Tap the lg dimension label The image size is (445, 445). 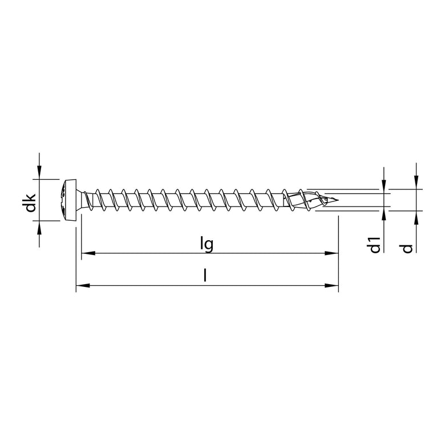point(207,244)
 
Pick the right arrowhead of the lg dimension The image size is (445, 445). point(331,253)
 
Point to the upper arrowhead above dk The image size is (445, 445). point(39,172)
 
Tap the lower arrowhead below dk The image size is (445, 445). point(39,228)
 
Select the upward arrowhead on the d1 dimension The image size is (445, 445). point(384,216)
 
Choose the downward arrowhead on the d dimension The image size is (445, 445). point(416,182)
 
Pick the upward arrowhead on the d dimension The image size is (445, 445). point(416,217)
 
